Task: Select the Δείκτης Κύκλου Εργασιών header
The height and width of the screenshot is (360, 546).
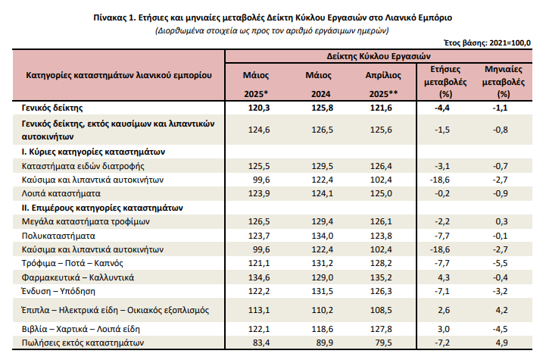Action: tap(379, 55)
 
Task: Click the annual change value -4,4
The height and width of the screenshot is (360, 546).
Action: tap(444, 108)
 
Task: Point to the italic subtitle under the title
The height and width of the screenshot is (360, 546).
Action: tap(272, 30)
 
